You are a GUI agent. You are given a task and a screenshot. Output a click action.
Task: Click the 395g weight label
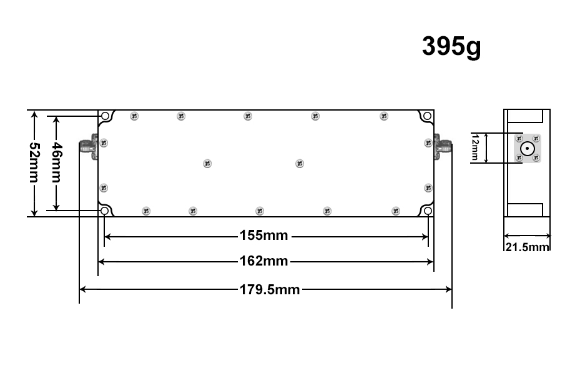click(451, 47)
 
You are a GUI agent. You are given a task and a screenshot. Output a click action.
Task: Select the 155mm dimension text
click(263, 236)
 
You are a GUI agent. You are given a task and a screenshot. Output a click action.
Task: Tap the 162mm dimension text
click(263, 261)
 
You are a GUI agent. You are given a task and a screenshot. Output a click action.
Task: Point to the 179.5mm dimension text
click(270, 289)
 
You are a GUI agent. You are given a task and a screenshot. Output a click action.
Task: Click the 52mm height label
click(34, 162)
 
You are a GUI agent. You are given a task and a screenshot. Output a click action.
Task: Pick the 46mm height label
click(56, 162)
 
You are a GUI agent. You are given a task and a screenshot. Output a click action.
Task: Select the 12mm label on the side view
click(475, 147)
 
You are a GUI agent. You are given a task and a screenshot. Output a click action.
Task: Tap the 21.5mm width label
click(527, 247)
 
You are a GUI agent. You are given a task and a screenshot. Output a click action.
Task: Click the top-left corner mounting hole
click(105, 116)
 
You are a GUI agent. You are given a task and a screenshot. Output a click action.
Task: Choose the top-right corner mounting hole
click(427, 116)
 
